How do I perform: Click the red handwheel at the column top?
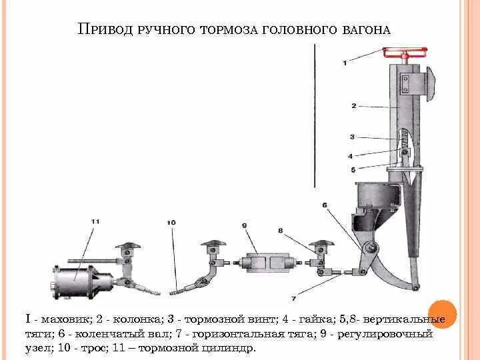pos(404,51)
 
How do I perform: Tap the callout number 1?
pos(344,63)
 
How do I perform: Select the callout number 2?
pos(355,105)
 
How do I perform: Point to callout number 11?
pos(95,220)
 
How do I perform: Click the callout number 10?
pos(171,222)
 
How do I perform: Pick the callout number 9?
pos(245,227)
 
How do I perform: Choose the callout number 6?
pos(325,205)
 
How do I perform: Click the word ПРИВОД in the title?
pos(106,29)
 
